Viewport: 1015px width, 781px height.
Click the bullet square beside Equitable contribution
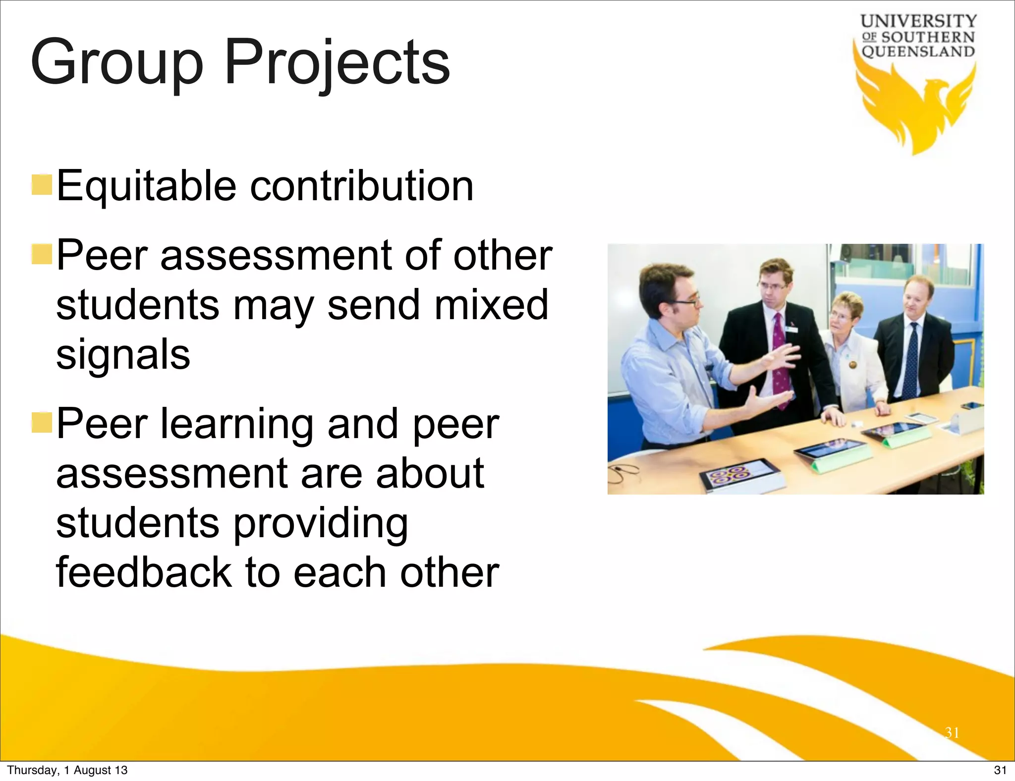(42, 184)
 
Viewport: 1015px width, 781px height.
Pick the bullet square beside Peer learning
(42, 422)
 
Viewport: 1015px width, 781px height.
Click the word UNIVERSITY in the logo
(918, 21)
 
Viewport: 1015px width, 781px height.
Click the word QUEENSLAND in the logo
(918, 52)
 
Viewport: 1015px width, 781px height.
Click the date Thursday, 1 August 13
(67, 770)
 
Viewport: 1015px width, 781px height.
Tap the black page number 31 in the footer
(1000, 770)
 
